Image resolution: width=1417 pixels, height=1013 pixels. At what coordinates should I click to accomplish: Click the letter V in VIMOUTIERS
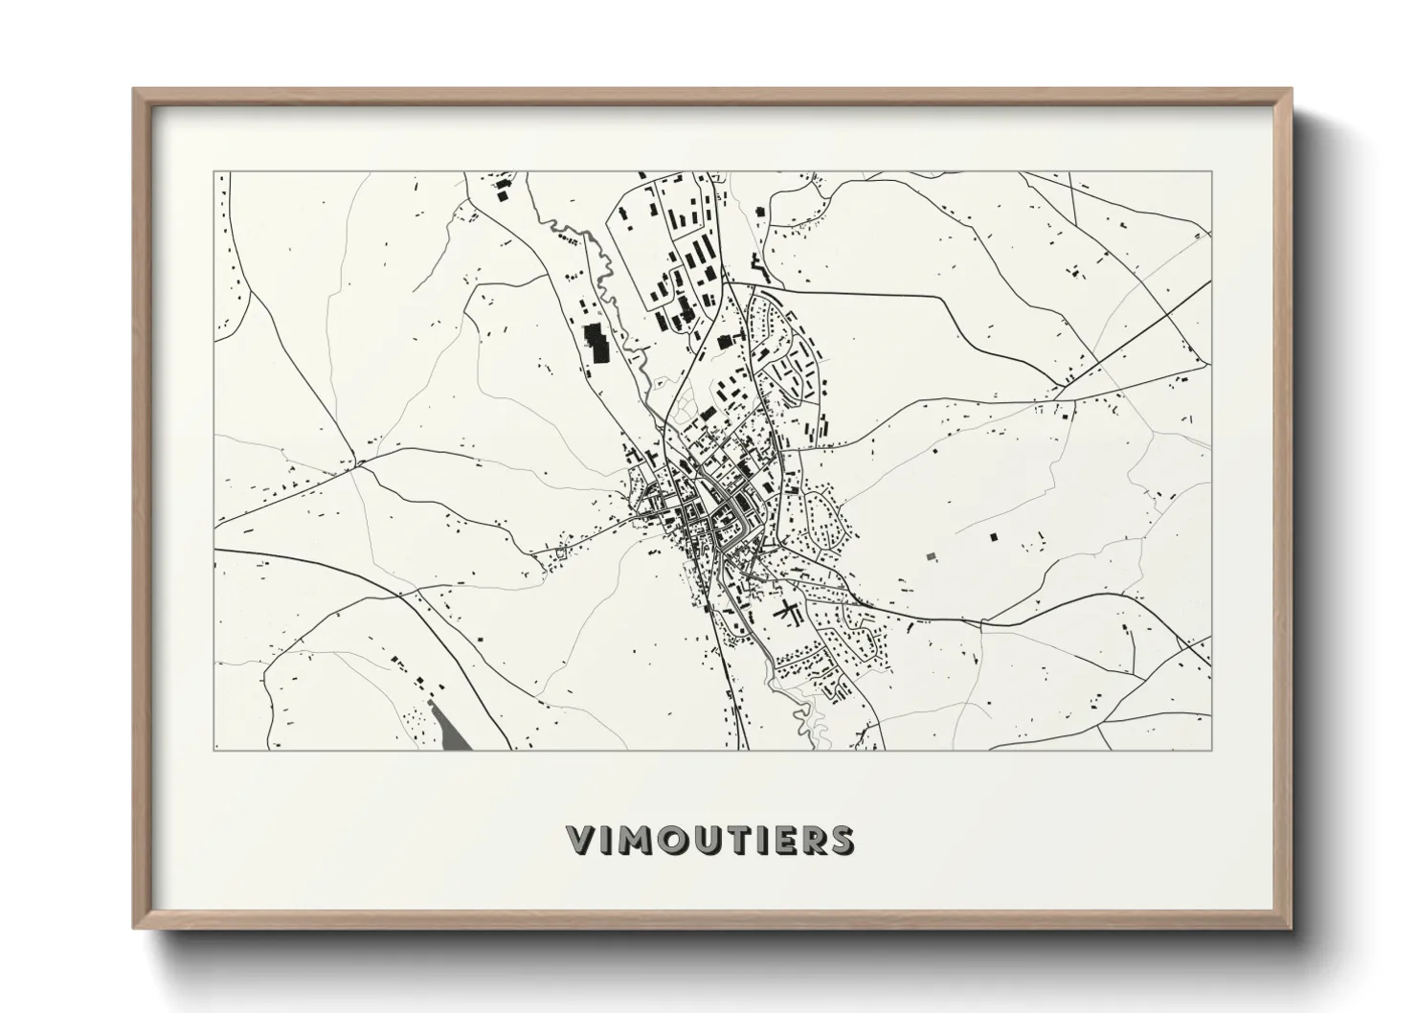[x=583, y=840]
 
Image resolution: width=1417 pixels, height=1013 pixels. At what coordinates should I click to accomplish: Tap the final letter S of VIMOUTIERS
[x=843, y=840]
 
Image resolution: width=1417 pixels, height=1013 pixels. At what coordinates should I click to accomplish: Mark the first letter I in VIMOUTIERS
[x=608, y=840]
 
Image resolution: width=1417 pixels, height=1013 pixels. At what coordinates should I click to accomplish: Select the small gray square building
[x=931, y=554]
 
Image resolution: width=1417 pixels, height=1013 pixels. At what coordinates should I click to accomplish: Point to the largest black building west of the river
[x=596, y=342]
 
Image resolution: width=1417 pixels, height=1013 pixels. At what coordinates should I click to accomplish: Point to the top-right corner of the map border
[x=1211, y=171]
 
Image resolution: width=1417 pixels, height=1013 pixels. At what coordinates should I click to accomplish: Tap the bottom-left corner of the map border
[x=214, y=750]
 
